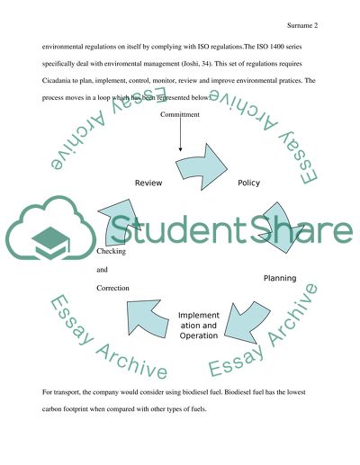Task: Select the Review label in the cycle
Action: pyautogui.click(x=148, y=183)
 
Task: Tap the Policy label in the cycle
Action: pyautogui.click(x=248, y=183)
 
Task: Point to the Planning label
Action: pyautogui.click(x=279, y=278)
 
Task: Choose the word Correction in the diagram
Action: pyautogui.click(x=113, y=287)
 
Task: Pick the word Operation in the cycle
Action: pyautogui.click(x=198, y=335)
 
